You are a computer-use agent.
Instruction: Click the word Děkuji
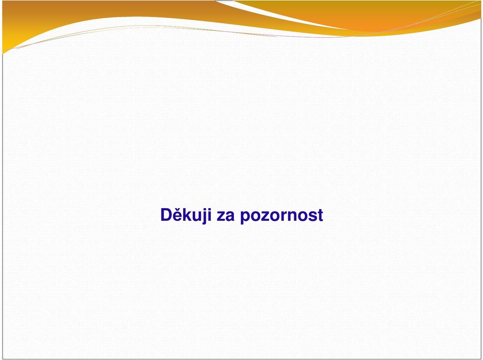point(186,215)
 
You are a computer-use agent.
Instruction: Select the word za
point(225,216)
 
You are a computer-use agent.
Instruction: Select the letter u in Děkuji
point(199,216)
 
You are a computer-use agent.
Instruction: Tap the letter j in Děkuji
point(206,217)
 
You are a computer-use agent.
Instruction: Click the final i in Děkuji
point(210,215)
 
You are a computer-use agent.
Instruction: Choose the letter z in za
point(221,216)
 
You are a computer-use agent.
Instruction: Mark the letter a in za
point(230,216)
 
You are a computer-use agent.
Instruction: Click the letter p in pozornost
point(245,218)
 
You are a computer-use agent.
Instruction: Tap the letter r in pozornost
point(283,216)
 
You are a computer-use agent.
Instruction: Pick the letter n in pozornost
point(291,216)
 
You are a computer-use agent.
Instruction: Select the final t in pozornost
point(320,215)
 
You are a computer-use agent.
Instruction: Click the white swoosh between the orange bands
point(277,14)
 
